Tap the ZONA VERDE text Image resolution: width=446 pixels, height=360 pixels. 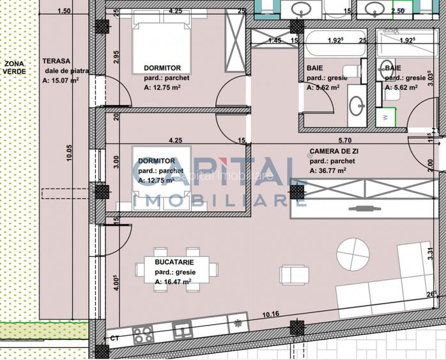(x=13, y=68)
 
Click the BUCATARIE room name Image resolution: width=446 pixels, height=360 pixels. (x=174, y=262)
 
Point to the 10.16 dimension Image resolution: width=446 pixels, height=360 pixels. (x=271, y=313)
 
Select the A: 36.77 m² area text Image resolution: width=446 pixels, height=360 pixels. (x=328, y=171)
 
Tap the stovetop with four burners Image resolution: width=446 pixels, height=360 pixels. (x=142, y=333)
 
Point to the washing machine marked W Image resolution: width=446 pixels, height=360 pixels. (x=386, y=117)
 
